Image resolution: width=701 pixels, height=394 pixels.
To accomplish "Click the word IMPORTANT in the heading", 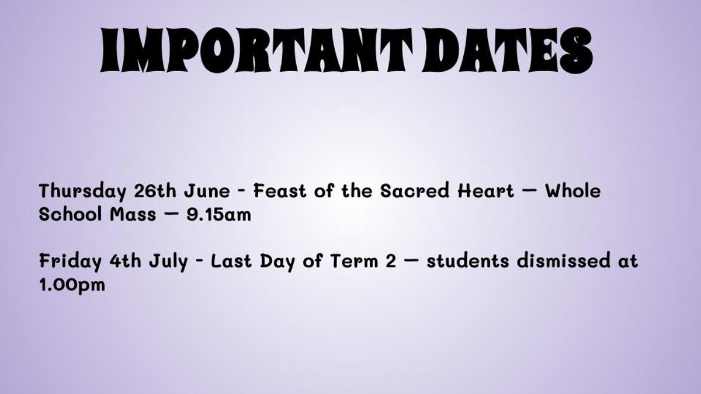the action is point(256,51).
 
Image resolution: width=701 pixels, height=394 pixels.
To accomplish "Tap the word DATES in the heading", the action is point(508,51).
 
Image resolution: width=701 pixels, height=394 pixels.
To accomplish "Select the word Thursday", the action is point(82,191).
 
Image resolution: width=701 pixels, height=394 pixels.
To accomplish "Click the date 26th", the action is point(155,190).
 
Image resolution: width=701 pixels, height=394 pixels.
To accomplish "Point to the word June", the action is point(207,190).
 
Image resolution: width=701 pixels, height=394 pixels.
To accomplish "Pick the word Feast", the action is point(280,190).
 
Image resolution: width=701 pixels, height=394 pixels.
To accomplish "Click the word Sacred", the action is point(415,190).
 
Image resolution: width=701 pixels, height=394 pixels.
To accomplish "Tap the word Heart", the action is point(485,190).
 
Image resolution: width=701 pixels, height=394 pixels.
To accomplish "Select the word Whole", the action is point(573,190).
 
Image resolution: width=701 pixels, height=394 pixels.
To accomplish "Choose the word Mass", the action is point(133,214).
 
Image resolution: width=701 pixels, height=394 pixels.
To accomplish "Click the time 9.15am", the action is point(218,214).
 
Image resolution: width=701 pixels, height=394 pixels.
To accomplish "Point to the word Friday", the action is point(71,261).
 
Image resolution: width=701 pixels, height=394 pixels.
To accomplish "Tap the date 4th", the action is point(125,260).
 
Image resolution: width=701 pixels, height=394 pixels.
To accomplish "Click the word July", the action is point(168,261).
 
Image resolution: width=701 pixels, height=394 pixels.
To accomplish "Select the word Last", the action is point(231,260).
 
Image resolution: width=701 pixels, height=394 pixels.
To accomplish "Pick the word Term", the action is point(354,260).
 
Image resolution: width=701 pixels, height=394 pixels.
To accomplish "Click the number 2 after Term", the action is point(391,260).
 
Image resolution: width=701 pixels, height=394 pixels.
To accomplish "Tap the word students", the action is point(467,260).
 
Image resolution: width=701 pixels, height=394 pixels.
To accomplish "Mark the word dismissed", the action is point(563,260).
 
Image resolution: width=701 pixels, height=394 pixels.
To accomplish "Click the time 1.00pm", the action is point(72,285).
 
